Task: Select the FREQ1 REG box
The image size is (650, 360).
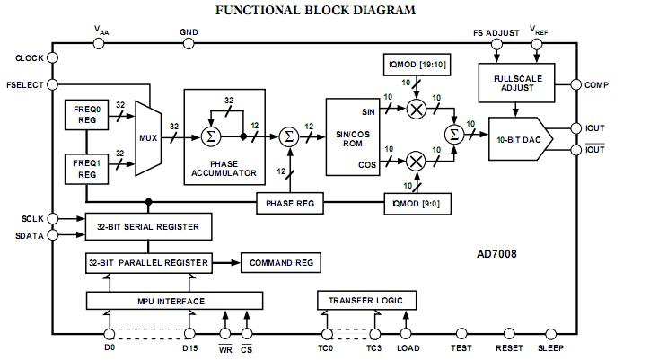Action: [87, 168]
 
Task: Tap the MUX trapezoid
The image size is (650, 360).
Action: [146, 139]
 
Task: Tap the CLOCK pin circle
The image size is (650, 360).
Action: [50, 58]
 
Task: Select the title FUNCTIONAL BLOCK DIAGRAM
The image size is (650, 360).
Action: [325, 11]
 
